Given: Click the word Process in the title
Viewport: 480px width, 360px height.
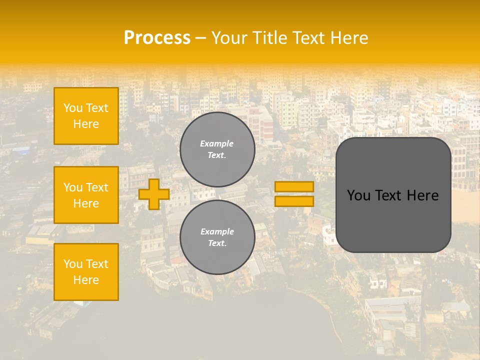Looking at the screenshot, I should click(x=157, y=38).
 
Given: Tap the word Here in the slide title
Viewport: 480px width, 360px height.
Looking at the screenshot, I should click(x=349, y=38).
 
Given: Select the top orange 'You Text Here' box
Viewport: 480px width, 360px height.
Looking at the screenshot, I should click(x=86, y=116).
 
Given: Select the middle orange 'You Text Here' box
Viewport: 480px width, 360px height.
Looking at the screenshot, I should click(x=86, y=195).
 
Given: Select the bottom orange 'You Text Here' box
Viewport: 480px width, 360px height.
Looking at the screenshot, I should click(x=86, y=271).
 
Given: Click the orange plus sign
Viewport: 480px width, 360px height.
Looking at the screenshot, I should click(x=153, y=194).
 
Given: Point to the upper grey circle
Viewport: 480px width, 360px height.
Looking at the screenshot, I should click(x=217, y=149).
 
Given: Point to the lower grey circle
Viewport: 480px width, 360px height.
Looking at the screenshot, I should click(x=217, y=237).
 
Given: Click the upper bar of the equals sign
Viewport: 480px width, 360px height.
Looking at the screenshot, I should click(x=294, y=187).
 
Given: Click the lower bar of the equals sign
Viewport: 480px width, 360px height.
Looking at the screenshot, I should click(x=294, y=201).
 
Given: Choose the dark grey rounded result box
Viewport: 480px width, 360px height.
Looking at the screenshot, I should click(x=393, y=195).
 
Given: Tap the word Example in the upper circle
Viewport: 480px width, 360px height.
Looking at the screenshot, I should click(x=217, y=143).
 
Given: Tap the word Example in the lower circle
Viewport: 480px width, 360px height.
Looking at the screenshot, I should click(x=217, y=231).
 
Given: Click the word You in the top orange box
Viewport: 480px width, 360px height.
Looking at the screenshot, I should click(x=73, y=108).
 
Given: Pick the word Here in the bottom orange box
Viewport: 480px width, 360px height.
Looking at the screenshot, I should click(x=86, y=280).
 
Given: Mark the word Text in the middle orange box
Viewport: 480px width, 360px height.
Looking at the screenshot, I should click(x=97, y=187).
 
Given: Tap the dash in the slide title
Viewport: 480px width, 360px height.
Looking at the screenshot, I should click(x=201, y=38).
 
